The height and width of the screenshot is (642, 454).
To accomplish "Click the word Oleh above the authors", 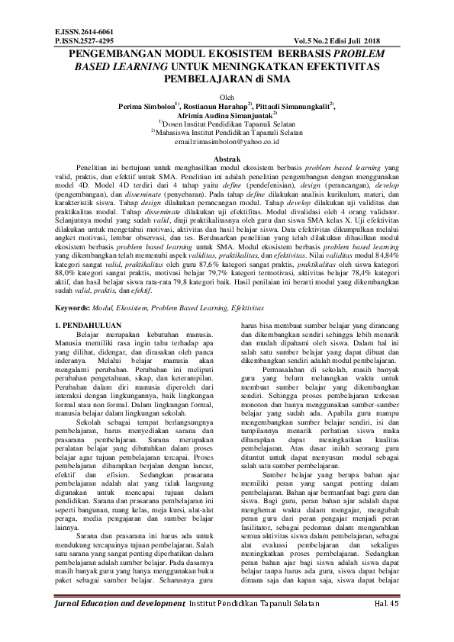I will (x=227, y=97).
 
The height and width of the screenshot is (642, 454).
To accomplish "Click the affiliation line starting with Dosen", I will (x=227, y=124).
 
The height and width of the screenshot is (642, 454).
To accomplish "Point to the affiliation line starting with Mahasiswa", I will (x=227, y=132).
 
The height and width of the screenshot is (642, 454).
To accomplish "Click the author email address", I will (x=227, y=141).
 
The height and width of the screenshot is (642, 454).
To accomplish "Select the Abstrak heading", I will (x=227, y=158).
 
